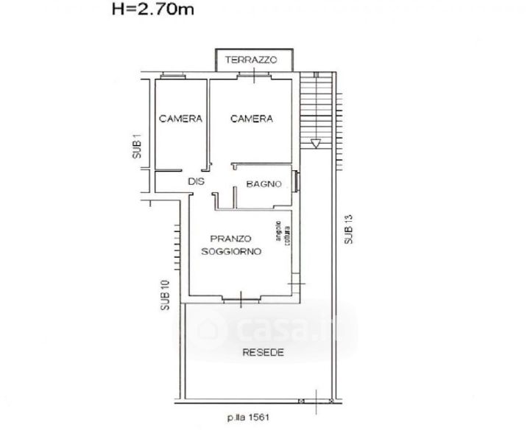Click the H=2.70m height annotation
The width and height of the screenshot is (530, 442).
point(153,9)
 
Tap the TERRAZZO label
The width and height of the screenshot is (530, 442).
point(251,60)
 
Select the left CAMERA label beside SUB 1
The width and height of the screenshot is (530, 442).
point(180,119)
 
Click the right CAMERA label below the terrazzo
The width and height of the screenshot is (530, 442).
point(252,119)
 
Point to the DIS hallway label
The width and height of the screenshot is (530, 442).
point(197,182)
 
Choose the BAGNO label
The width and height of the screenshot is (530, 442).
point(264,184)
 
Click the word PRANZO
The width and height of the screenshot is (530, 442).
point(231,239)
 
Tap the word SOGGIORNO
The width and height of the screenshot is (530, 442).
point(231,252)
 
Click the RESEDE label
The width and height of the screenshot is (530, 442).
point(264,353)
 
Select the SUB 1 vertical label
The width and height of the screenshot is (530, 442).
point(137,147)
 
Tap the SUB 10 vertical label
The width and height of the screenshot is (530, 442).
point(165,295)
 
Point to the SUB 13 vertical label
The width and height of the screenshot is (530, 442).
point(348,229)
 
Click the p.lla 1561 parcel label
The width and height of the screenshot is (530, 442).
point(249,417)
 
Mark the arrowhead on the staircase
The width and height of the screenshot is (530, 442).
point(316,144)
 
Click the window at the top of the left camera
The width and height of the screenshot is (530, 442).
point(173,76)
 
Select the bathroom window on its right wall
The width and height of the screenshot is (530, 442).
point(297,181)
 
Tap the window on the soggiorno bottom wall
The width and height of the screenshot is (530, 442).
point(241,299)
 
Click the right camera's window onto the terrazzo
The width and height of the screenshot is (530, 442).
point(254,76)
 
